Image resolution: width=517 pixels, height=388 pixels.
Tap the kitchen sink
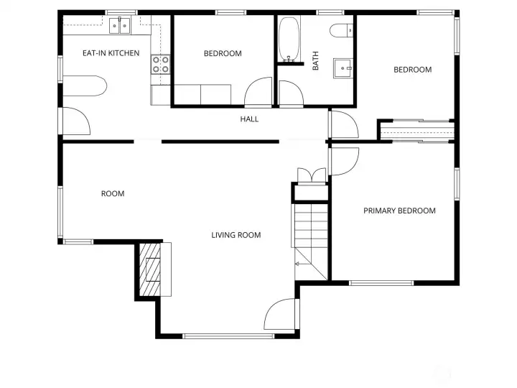119,27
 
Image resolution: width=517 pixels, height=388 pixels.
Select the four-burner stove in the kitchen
160,65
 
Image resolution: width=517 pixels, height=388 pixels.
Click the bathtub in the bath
289,40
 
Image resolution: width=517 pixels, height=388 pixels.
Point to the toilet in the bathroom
340,30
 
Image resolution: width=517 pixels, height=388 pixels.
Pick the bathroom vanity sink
343,68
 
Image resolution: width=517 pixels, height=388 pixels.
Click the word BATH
315,60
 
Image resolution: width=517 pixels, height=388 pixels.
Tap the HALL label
249,119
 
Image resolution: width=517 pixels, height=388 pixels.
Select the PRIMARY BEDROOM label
399,211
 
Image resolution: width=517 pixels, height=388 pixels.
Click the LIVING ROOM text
236,235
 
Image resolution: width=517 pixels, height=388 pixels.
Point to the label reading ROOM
113,193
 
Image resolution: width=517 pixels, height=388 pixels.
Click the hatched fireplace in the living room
152,269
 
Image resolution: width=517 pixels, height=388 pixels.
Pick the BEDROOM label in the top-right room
412,70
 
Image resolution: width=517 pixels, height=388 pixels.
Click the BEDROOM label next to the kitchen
223,53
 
